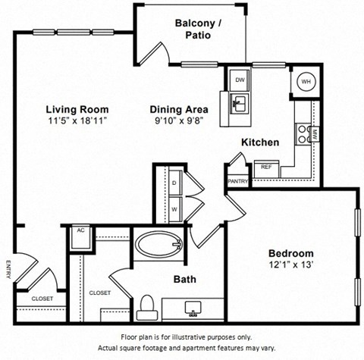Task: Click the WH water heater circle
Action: [x=306, y=82]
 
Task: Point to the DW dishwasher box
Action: [x=239, y=80]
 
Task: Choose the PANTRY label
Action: [x=237, y=181]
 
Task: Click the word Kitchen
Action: [x=260, y=142]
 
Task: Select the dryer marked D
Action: [x=173, y=183]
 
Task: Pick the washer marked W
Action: [x=173, y=208]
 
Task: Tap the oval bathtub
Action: [x=159, y=246]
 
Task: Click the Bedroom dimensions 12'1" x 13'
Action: [x=290, y=265]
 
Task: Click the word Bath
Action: [x=184, y=280]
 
